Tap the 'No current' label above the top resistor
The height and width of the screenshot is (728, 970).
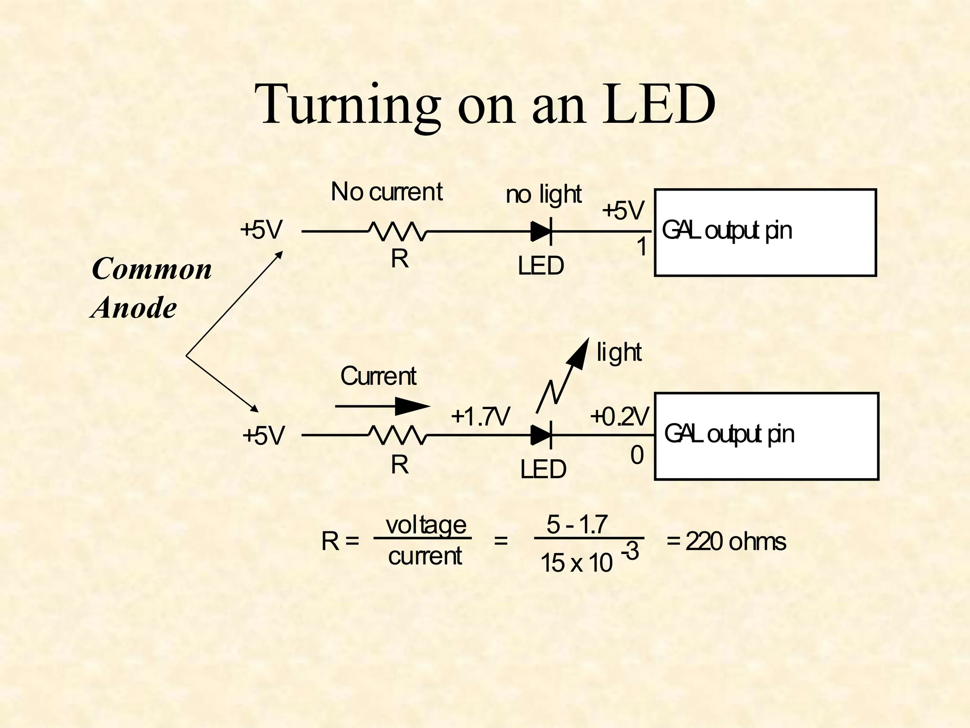pyautogui.click(x=386, y=192)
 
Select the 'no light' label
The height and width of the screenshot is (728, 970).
pyautogui.click(x=543, y=194)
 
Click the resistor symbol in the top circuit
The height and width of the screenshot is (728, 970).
pyautogui.click(x=398, y=231)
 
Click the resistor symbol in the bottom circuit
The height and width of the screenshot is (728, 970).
pyautogui.click(x=398, y=435)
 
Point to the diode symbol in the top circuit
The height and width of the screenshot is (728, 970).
pyautogui.click(x=541, y=232)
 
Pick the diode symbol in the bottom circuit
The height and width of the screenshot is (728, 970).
pyautogui.click(x=541, y=435)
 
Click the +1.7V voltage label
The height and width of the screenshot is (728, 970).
pyautogui.click(x=480, y=417)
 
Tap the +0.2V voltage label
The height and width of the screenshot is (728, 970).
pyautogui.click(x=620, y=417)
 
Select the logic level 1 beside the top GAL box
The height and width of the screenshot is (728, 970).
pyautogui.click(x=642, y=247)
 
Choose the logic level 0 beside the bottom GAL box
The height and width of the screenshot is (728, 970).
pyautogui.click(x=637, y=455)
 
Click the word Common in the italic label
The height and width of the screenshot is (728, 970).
pyautogui.click(x=152, y=269)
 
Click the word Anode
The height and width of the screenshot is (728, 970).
pyautogui.click(x=135, y=308)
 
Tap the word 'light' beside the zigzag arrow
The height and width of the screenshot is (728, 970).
pyautogui.click(x=619, y=353)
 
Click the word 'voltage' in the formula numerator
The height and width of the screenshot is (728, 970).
pyautogui.click(x=426, y=525)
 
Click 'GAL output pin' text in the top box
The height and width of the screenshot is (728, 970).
pyautogui.click(x=727, y=231)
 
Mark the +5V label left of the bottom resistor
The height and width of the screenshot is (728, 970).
pyautogui.click(x=263, y=436)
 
